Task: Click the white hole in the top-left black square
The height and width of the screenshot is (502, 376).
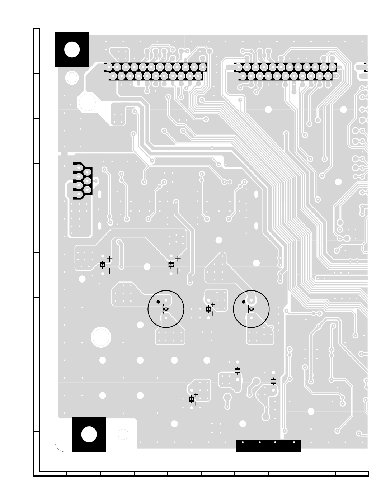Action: (72, 49)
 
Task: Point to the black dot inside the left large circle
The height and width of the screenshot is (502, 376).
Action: (158, 302)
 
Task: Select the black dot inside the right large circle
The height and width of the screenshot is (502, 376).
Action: (244, 302)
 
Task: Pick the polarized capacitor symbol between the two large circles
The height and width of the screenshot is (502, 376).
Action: (209, 309)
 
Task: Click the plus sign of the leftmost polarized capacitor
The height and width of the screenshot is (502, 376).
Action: (109, 259)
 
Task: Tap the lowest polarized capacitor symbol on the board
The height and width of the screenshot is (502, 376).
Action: (192, 399)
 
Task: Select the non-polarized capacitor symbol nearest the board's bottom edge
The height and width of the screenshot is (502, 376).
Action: (273, 381)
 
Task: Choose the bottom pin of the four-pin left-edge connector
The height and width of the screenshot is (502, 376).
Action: (79, 195)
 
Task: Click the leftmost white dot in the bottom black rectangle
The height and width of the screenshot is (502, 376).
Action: (243, 442)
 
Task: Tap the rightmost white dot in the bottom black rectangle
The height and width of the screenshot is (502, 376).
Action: (294, 442)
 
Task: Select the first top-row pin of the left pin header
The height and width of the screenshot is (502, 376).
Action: (109, 67)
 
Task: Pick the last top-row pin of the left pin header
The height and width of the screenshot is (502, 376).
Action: (203, 67)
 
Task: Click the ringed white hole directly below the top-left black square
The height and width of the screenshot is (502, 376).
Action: (72, 77)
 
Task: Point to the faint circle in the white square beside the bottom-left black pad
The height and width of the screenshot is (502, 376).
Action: (123, 434)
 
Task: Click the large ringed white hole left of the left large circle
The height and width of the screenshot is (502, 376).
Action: (101, 337)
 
